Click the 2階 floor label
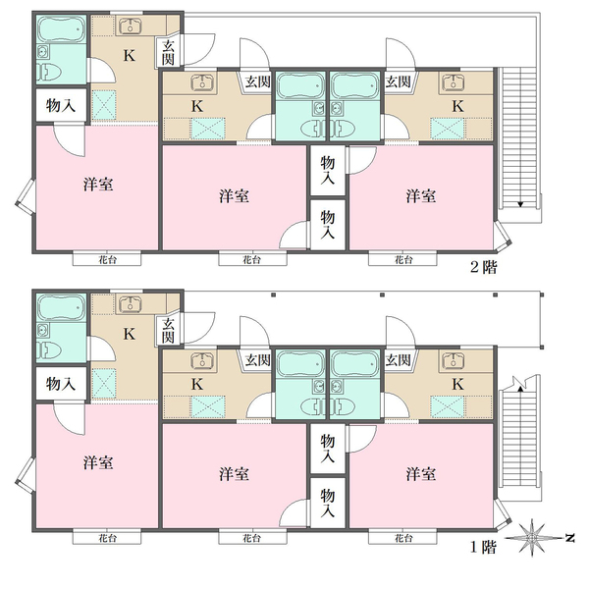click(484, 267)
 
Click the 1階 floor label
click(484, 547)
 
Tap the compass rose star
click(531, 538)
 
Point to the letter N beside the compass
click(570, 538)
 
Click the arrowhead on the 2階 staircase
click(520, 204)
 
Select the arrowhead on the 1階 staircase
click(520, 389)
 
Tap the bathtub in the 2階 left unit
click(62, 28)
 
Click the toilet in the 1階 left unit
click(49, 350)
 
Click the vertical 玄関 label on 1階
click(168, 331)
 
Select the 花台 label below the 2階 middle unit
click(251, 259)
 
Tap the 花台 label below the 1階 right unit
click(403, 538)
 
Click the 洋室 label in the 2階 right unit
click(421, 196)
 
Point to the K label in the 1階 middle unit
click(197, 384)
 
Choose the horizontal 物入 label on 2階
click(61, 106)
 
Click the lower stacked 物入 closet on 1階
click(328, 503)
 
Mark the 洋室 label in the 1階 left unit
click(98, 462)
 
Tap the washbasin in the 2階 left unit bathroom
click(43, 52)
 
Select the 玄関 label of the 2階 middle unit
click(257, 81)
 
